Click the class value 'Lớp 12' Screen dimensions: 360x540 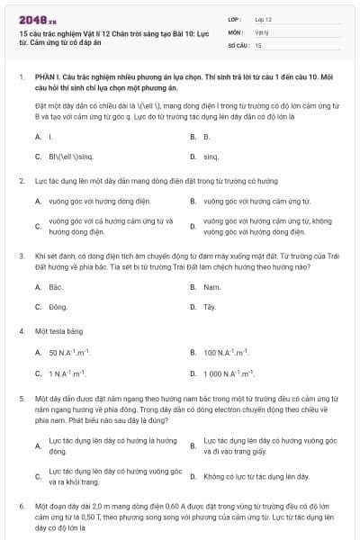[x=263, y=18]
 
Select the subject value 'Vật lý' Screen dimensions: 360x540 [x=261, y=31]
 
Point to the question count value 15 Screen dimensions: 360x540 [x=258, y=43]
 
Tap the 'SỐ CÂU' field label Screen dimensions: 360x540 [x=238, y=43]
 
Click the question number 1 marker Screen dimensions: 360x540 [x=21, y=78]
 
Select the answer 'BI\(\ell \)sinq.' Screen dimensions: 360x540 [x=71, y=157]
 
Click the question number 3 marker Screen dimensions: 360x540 [x=21, y=256]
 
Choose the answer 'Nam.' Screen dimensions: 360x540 [x=211, y=287]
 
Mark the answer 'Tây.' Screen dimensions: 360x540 [x=210, y=307]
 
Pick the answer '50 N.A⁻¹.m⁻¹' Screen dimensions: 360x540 [x=69, y=353]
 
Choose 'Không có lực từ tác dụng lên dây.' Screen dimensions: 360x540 [x=256, y=475]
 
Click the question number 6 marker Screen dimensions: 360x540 [x=21, y=508]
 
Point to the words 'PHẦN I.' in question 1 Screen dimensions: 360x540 [x=47, y=78]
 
